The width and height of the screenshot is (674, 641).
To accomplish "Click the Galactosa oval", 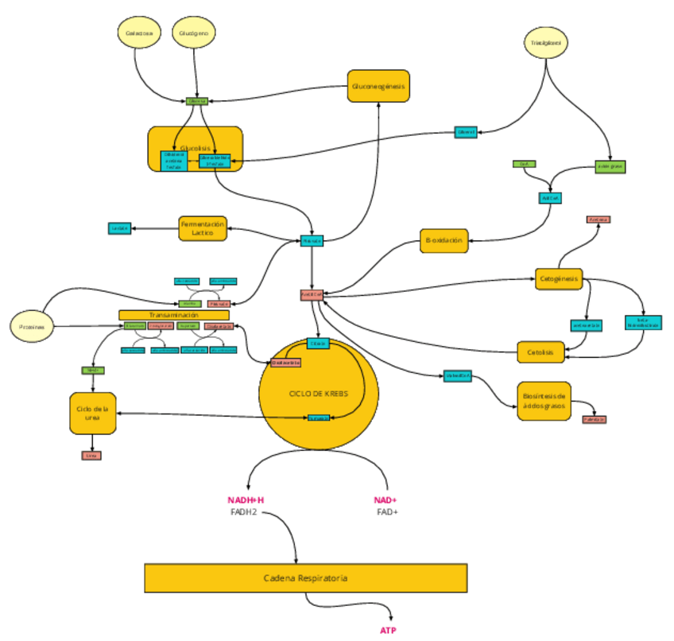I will click(x=139, y=33).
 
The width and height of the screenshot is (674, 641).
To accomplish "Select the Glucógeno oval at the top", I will click(x=194, y=33).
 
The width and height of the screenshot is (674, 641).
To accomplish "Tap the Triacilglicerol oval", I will click(x=546, y=43).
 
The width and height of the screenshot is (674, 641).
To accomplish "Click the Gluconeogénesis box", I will click(x=378, y=86).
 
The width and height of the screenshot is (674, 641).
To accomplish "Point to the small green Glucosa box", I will click(x=197, y=101).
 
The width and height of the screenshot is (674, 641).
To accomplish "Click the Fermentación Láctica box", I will click(x=203, y=228).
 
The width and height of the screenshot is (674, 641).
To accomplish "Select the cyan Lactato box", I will click(x=120, y=229).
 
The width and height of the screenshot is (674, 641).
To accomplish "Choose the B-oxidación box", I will click(x=444, y=240).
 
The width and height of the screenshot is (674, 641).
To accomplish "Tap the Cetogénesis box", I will click(x=559, y=279).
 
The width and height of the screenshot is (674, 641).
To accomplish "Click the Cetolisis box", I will click(x=540, y=351).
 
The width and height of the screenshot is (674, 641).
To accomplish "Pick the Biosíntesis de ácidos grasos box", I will click(x=544, y=400).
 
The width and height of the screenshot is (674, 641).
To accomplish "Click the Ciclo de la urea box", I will click(x=93, y=413).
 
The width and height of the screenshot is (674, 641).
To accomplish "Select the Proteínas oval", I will click(x=32, y=327).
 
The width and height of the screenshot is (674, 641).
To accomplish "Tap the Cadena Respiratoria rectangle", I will click(x=305, y=578).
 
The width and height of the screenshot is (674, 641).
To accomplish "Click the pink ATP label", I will click(x=387, y=630).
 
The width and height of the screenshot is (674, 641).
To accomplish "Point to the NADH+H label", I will click(x=246, y=500).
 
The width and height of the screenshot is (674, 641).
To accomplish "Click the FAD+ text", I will click(x=387, y=512).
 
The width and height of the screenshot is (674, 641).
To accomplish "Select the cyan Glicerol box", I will click(x=466, y=132).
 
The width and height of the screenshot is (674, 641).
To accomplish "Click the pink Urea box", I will click(x=91, y=456).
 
